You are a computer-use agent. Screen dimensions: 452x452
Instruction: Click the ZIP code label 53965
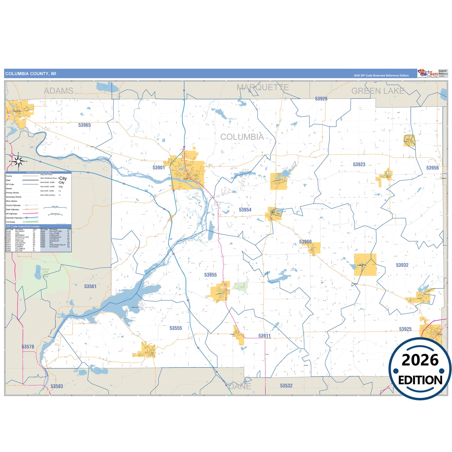tap(84, 125)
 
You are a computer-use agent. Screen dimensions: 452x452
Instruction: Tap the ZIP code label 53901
tap(159, 168)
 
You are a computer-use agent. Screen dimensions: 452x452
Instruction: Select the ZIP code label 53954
tap(245, 210)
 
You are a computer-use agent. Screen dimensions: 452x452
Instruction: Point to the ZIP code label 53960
tap(305, 242)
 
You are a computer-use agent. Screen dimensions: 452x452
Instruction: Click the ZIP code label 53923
tap(359, 165)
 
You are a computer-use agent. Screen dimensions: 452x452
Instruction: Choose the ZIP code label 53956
tap(432, 168)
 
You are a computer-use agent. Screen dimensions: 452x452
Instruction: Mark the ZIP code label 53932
tap(402, 265)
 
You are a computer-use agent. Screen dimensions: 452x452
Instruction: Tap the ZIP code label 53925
tap(405, 329)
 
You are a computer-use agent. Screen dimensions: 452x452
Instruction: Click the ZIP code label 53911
tap(264, 336)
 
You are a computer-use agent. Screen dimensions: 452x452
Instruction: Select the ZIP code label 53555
tap(176, 328)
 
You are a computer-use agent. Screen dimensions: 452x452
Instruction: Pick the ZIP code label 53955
tap(211, 275)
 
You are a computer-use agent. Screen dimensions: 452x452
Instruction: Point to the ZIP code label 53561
tap(90, 287)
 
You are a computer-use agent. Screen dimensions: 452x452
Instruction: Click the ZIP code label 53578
tap(28, 347)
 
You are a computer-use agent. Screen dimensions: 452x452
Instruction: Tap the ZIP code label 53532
tap(286, 386)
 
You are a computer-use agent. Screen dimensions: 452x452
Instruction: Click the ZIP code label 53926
tap(321, 99)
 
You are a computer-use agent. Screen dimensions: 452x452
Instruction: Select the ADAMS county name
tap(58, 91)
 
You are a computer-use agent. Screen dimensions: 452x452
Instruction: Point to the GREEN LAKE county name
tap(378, 91)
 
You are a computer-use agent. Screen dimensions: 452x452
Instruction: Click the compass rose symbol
tap(18, 161)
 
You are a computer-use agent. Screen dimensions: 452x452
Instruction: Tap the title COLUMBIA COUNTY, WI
tap(31, 74)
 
